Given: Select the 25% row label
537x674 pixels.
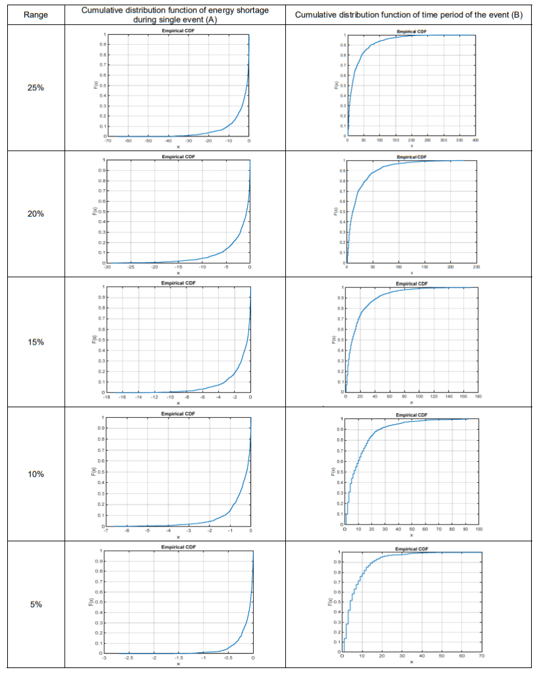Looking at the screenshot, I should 36,88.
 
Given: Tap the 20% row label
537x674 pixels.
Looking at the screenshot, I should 36,213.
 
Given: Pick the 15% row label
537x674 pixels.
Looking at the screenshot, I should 36,342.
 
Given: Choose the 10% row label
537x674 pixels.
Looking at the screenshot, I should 36,474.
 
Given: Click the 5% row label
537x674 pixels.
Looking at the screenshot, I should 36,604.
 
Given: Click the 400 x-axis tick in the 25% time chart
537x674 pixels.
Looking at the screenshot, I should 475,141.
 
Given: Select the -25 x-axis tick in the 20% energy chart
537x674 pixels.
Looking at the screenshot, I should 130,267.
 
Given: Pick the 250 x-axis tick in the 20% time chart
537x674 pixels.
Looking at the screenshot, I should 476,267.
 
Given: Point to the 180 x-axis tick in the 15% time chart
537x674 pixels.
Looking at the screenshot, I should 477,397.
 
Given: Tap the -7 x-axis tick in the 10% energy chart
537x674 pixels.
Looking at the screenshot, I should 106,530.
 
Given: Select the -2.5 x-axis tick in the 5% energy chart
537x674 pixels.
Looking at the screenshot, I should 128,658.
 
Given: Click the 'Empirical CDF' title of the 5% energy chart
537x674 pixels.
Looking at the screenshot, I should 178,547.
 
